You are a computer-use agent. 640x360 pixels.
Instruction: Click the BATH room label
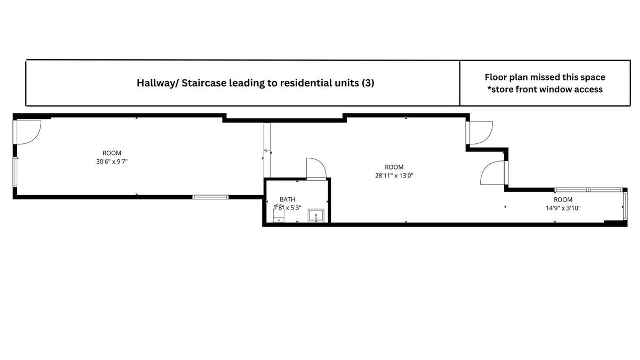[287, 199]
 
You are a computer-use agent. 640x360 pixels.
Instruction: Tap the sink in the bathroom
[316, 216]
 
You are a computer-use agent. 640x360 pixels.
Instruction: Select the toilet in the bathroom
[279, 213]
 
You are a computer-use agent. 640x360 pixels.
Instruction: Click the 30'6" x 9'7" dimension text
[112, 161]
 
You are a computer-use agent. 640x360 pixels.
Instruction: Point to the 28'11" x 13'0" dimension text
[394, 176]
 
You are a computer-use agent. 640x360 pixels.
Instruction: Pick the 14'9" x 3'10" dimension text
[563, 208]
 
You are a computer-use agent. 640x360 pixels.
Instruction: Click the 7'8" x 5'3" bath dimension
[287, 208]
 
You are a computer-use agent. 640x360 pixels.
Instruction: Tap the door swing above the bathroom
[316, 169]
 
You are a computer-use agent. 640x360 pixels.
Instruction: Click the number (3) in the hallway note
[368, 83]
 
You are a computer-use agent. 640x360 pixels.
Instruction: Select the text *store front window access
[545, 89]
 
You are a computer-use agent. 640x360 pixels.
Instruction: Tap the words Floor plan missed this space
[545, 77]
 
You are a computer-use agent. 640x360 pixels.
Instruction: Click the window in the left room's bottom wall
[210, 197]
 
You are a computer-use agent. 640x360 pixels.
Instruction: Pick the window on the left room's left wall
[15, 171]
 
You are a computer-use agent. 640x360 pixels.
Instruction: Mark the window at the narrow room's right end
[625, 206]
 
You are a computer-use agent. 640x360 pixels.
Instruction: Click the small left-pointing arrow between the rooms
[267, 150]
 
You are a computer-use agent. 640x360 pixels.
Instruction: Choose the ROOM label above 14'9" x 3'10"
[563, 200]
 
